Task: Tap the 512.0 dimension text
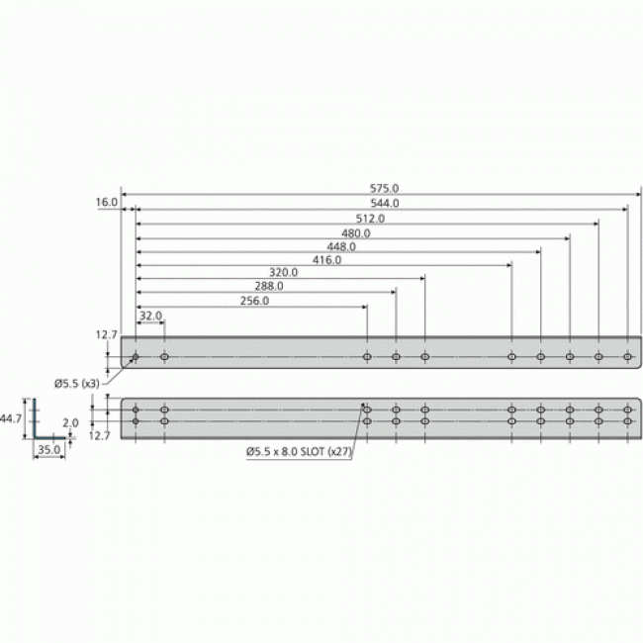pos(370,219)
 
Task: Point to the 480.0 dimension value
pos(355,233)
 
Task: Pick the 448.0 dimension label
pos(340,247)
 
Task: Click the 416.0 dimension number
pos(325,261)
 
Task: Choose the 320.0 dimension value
pos(283,272)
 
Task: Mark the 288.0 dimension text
pos(268,286)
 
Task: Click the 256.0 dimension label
pos(254,301)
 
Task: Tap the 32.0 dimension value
pos(150,316)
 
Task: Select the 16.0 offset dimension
pos(107,203)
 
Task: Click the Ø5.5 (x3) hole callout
pos(76,383)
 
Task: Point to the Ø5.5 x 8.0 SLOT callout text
pos(298,452)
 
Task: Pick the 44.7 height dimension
pos(11,418)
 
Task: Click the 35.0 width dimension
pos(48,449)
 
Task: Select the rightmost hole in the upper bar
pos(627,356)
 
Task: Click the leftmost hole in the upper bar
pos(136,356)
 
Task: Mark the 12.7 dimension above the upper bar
pos(107,335)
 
